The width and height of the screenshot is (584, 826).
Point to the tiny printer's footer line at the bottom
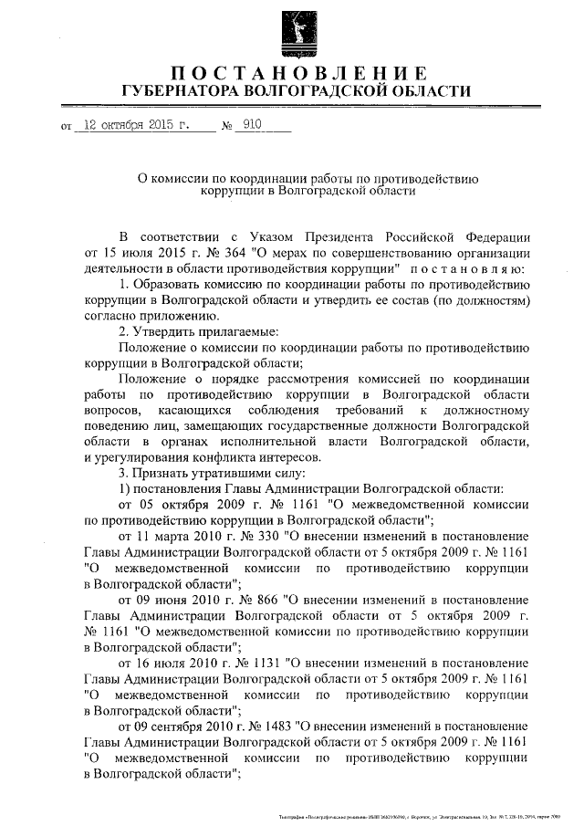[420, 814]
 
